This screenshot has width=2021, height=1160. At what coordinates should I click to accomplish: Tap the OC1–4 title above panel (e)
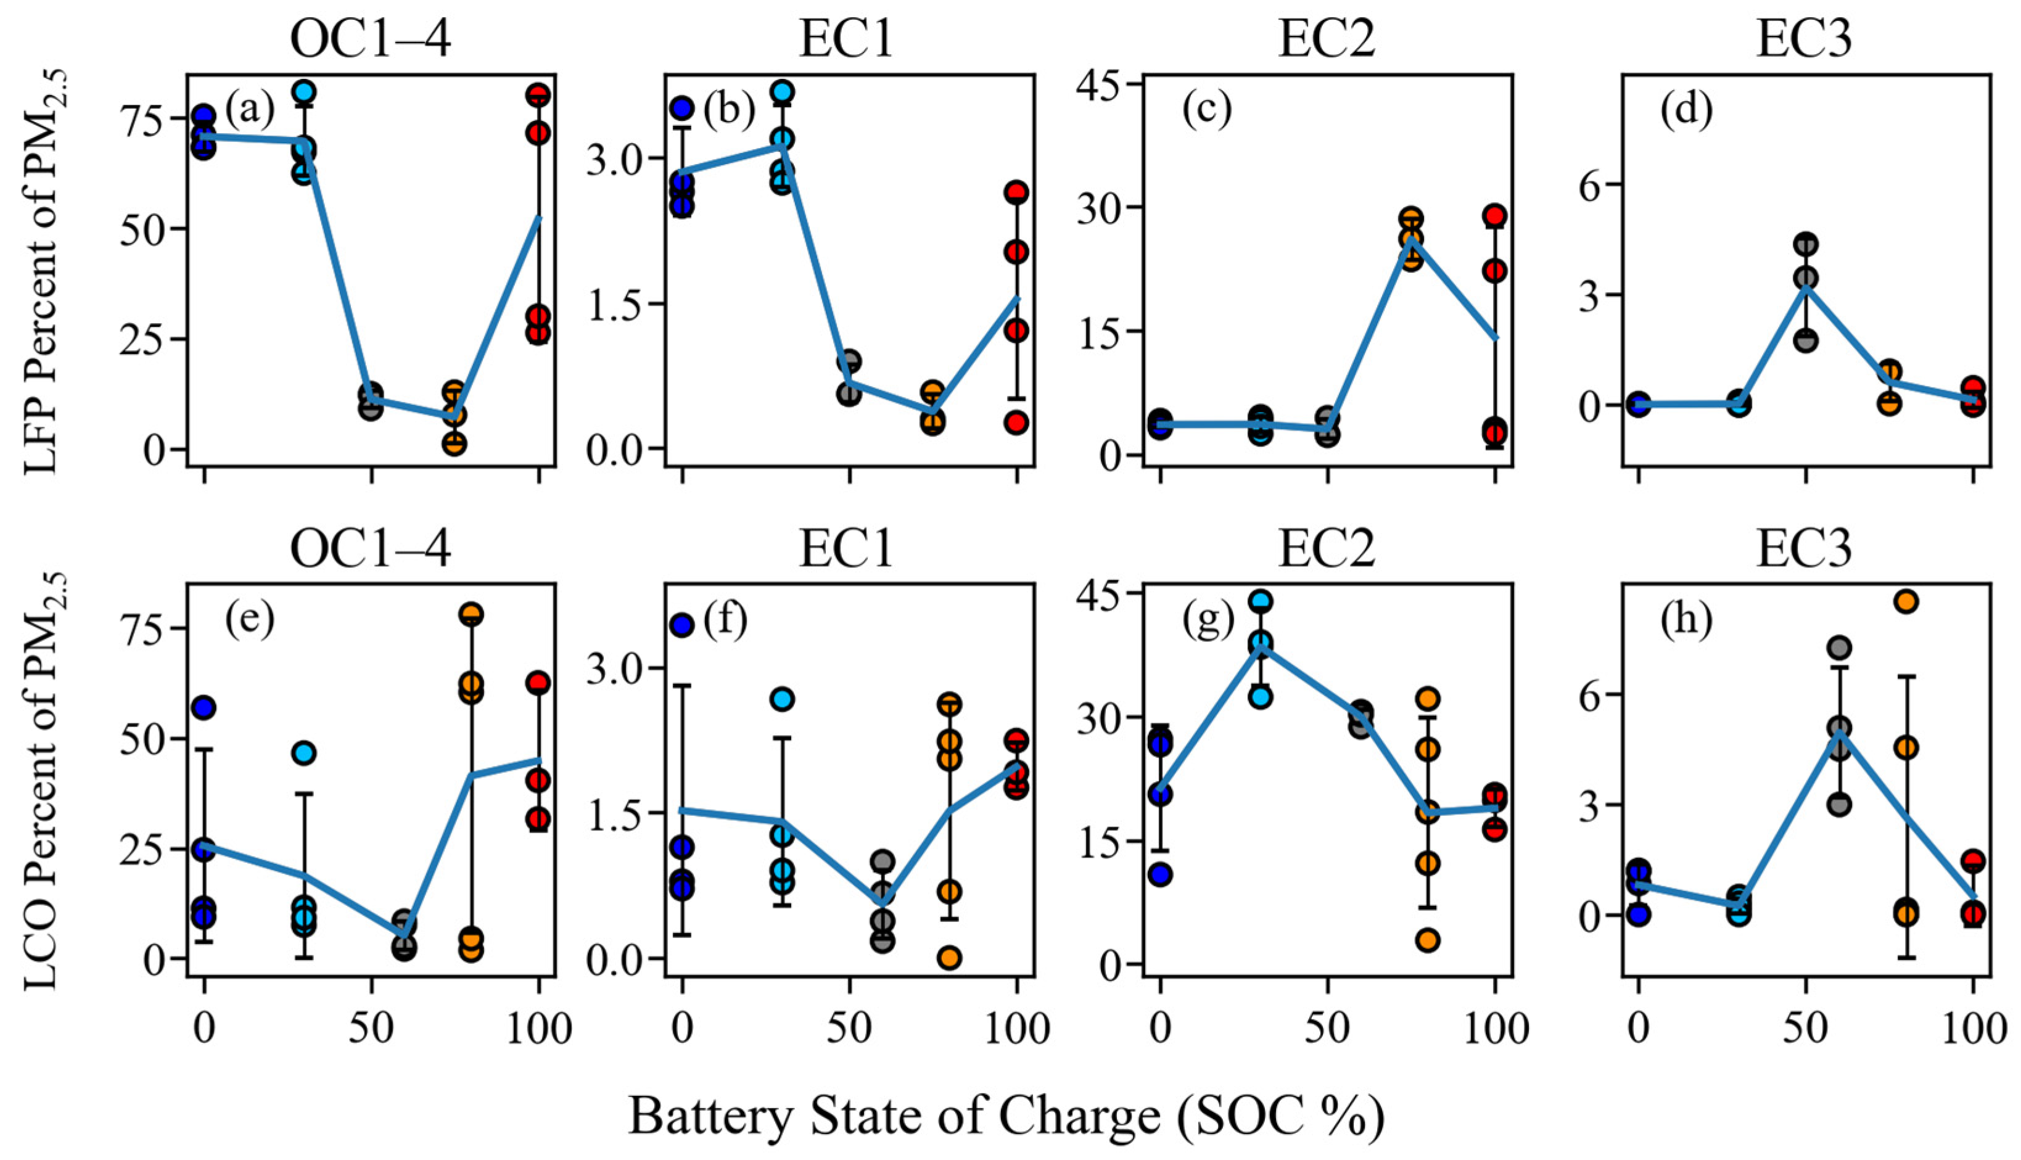371,549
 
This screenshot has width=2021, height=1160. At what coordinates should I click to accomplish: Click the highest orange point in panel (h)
1906,601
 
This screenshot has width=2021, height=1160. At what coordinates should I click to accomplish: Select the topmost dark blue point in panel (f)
682,625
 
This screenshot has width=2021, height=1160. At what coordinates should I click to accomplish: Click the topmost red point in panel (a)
538,95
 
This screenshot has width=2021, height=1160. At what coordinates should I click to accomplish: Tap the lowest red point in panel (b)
1016,422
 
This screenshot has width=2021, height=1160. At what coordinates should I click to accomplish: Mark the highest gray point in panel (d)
1805,244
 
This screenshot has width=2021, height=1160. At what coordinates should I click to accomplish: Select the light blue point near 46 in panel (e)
304,753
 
